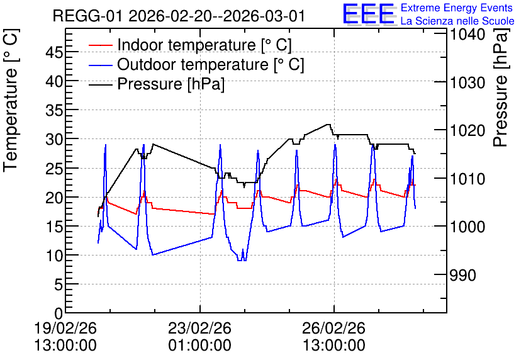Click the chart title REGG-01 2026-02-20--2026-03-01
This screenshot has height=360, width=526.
coord(179,16)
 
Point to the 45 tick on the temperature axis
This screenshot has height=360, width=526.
coord(54,52)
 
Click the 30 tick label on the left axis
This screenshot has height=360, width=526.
coord(54,139)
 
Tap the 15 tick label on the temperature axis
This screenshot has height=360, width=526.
coord(54,227)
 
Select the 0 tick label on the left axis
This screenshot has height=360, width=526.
coord(59,313)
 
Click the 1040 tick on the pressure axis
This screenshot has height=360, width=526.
coord(467,35)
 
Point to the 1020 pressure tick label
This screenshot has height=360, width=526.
coord(467,130)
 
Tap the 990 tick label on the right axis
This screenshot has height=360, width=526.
coord(462,275)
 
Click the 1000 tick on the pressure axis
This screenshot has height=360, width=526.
coord(467,227)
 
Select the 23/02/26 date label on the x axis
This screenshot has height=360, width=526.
coord(199,328)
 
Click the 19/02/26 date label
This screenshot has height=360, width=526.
coord(65,328)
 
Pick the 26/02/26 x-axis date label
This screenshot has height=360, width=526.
coord(333,328)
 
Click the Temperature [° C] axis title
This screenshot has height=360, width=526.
coord(11,100)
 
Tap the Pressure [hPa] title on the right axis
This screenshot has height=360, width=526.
coord(501,87)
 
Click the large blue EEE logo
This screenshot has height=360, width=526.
coord(369,14)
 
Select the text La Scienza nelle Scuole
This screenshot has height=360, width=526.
coord(457,21)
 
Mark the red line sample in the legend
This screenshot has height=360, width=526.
coord(100,45)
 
